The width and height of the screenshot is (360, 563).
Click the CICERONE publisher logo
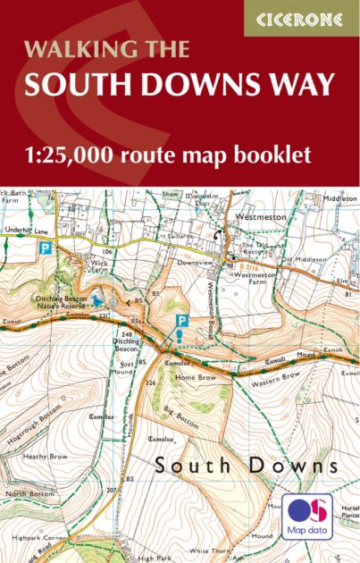[x=302, y=18]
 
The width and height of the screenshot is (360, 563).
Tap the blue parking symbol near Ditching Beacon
[x=181, y=320]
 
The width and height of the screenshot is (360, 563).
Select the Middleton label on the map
[x=339, y=199]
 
